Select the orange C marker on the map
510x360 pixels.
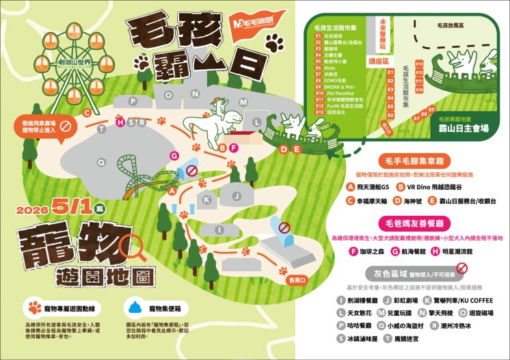pos(87,112)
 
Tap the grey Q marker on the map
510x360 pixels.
pos(102,162)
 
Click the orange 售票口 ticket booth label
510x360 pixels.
pos(295,279)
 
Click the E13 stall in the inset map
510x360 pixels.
pos(419,64)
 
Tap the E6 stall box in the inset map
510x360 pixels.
pos(390,107)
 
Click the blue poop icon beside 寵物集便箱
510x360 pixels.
pos(133,305)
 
